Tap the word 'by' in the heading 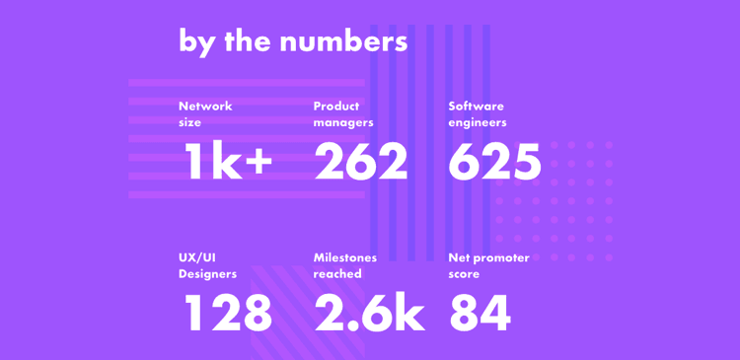click(x=197, y=42)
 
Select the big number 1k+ click(x=228, y=162)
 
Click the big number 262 click(x=360, y=162)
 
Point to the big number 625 click(x=494, y=162)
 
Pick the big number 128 click(x=228, y=314)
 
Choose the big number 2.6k click(x=369, y=314)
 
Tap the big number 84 click(x=480, y=314)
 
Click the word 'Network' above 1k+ click(x=205, y=107)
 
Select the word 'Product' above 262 click(x=336, y=107)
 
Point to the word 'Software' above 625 click(x=476, y=107)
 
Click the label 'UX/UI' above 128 click(x=197, y=257)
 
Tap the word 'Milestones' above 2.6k click(x=344, y=257)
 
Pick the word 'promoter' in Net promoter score click(x=501, y=257)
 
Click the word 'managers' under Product click(x=342, y=123)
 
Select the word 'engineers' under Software click(x=478, y=123)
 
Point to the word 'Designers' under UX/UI click(x=207, y=274)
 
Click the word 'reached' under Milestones click(x=337, y=274)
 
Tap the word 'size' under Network click(x=189, y=123)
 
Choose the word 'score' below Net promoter click(x=464, y=274)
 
